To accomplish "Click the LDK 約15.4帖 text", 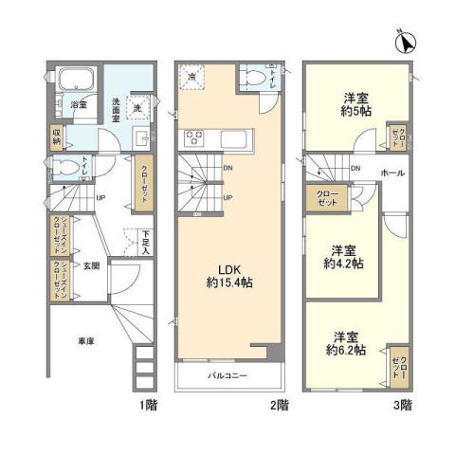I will pos(230,275).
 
